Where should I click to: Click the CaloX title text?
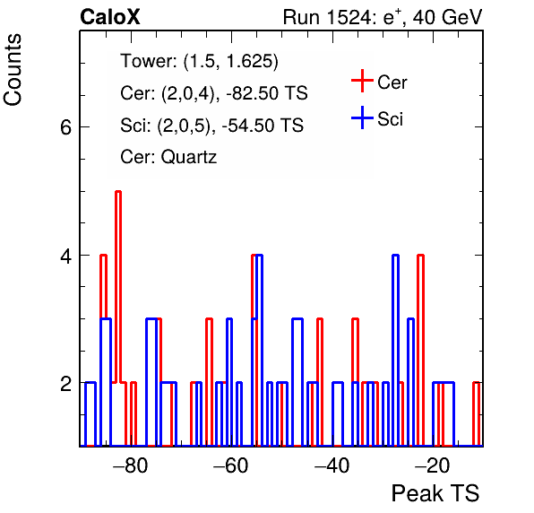(110, 17)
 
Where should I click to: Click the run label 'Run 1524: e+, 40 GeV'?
(383, 17)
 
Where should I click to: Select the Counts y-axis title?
(13, 70)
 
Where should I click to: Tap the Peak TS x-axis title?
(435, 493)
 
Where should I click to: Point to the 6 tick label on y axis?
(65, 127)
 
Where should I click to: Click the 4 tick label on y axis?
(65, 256)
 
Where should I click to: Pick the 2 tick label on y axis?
(65, 384)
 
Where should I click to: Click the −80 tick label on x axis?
(131, 465)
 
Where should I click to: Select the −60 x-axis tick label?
(231, 465)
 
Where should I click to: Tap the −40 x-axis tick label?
(332, 465)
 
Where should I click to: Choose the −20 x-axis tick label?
(433, 465)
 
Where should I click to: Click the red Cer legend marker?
(362, 81)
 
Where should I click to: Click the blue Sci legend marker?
(362, 117)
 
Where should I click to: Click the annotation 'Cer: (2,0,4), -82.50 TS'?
(214, 93)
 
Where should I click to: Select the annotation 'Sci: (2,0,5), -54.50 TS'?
(211, 126)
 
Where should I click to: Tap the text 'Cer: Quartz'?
(168, 157)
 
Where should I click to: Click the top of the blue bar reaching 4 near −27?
(395, 255)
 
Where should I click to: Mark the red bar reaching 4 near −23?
(420, 350)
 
